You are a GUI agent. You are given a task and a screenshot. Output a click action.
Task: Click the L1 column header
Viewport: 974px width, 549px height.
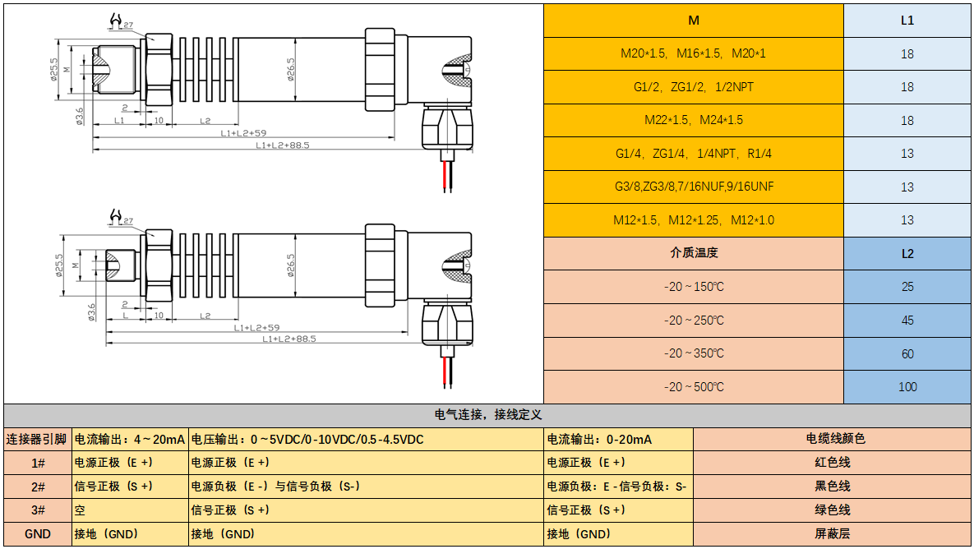(x=907, y=21)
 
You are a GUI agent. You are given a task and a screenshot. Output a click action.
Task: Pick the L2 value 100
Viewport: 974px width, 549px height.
(x=907, y=387)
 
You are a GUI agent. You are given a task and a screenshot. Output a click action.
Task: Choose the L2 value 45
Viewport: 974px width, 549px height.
(x=907, y=321)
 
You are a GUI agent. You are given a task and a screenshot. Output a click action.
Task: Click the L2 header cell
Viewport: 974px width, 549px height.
(x=907, y=253)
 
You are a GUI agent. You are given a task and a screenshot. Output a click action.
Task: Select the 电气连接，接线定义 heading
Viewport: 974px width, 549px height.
(x=487, y=415)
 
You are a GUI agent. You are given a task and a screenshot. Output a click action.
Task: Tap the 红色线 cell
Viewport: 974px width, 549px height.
(x=832, y=463)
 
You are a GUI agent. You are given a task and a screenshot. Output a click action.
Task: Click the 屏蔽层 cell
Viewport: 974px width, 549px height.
(x=832, y=534)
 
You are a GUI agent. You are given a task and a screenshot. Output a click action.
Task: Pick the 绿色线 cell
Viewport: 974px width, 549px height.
(x=832, y=510)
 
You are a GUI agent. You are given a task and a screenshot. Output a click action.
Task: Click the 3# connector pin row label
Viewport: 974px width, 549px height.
(x=38, y=510)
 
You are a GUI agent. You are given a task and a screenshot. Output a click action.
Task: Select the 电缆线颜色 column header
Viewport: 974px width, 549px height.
(x=832, y=439)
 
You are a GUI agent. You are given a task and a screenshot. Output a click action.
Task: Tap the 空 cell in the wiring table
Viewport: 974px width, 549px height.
(x=81, y=510)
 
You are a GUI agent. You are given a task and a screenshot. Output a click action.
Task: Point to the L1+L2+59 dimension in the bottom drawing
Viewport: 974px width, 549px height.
(x=256, y=328)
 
